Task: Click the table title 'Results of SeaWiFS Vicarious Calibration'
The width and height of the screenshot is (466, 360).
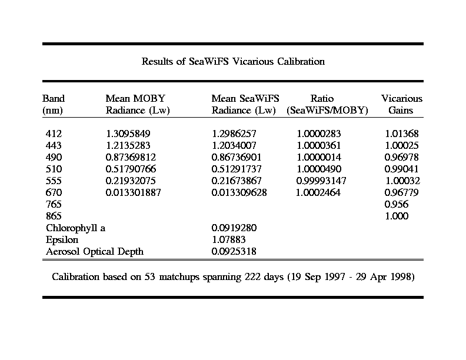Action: pos(233,61)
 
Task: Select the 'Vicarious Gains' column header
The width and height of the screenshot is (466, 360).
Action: pos(401,104)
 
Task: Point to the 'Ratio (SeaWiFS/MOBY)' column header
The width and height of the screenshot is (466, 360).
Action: pos(327,104)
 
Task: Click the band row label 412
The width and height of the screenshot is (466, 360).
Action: pos(54,134)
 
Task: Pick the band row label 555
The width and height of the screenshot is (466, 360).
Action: pos(54,181)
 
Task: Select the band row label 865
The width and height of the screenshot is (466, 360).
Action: pos(54,216)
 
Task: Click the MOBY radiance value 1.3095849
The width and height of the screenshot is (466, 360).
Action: pos(129,134)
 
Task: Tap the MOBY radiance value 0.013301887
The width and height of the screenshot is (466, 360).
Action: pos(133,193)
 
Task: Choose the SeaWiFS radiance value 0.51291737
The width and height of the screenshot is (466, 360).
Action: pos(236,169)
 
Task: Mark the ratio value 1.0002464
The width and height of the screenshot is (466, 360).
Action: pos(318,193)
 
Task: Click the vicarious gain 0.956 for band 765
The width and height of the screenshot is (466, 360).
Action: pos(396,205)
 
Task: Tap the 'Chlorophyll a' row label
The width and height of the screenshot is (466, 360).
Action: pos(75,228)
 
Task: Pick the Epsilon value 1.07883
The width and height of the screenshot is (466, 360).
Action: pos(228,240)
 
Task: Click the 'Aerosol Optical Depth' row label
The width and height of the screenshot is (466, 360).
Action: pos(95,252)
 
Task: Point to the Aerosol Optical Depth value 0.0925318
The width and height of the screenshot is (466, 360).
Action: pos(234,252)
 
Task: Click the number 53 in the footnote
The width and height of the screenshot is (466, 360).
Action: pos(150,276)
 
